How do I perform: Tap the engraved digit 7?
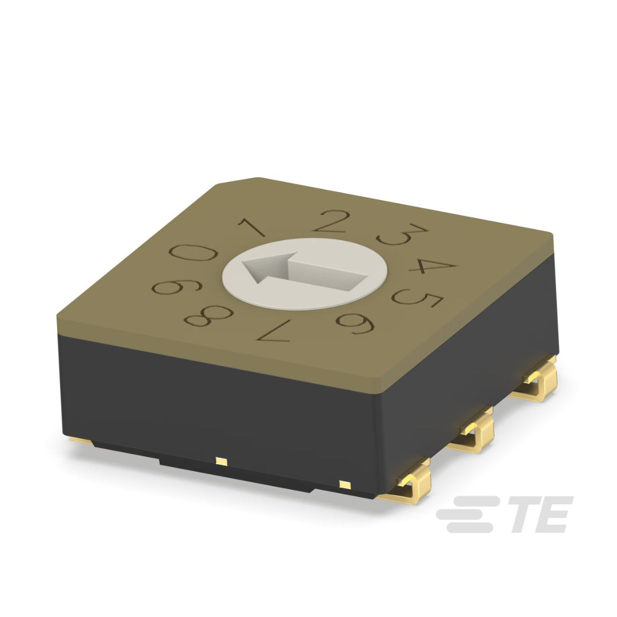pyautogui.click(x=274, y=330)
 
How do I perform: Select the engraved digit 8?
pyautogui.click(x=209, y=316)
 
